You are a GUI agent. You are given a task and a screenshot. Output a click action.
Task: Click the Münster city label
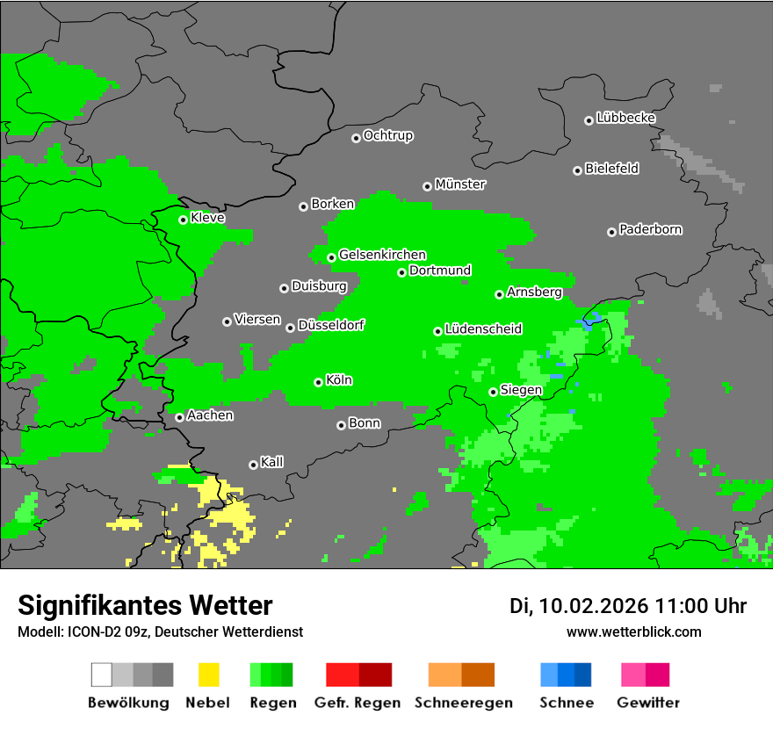pyautogui.click(x=460, y=184)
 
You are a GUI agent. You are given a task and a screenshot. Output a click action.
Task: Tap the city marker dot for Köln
pyautogui.click(x=318, y=382)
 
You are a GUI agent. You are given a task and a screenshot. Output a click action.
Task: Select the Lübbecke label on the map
pyautogui.click(x=625, y=118)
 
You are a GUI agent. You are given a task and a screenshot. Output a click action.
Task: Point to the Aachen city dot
pyautogui.click(x=179, y=417)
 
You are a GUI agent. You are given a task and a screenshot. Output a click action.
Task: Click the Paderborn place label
pyautogui.click(x=650, y=230)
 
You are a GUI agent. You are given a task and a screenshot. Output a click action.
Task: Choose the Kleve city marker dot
pyautogui.click(x=183, y=220)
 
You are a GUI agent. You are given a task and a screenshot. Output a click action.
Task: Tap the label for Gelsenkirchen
pyautogui.click(x=382, y=255)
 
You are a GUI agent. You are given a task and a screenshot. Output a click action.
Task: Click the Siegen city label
pyautogui.click(x=521, y=390)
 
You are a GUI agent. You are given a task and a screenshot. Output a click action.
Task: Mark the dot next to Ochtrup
pyautogui.click(x=356, y=137)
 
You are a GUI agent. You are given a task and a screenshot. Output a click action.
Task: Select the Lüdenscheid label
pyautogui.click(x=483, y=329)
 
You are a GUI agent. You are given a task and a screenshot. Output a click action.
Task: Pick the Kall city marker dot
pyautogui.click(x=253, y=465)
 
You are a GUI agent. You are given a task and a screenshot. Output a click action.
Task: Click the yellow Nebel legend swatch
pyautogui.click(x=208, y=675)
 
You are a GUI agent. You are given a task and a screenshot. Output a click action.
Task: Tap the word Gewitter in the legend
pyautogui.click(x=647, y=703)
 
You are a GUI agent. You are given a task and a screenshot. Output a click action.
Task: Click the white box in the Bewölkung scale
pyautogui.click(x=102, y=675)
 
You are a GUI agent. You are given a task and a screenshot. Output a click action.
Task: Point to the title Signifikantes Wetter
pyautogui.click(x=145, y=605)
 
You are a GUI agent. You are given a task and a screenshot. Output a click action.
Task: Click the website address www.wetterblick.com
pyautogui.click(x=633, y=632)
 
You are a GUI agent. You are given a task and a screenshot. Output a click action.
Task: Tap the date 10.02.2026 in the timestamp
pyautogui.click(x=594, y=606)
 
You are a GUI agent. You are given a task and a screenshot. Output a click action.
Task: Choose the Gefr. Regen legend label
pyautogui.click(x=358, y=703)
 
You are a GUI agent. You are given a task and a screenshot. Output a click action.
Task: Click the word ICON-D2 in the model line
pyautogui.click(x=90, y=632)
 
